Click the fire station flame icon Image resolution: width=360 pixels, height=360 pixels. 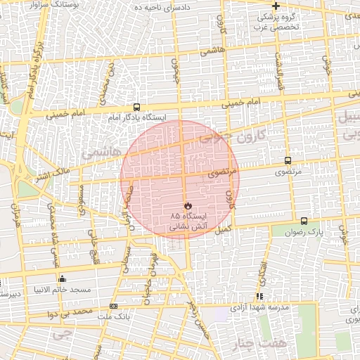188,205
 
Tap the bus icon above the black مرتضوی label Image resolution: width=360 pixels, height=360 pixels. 287,160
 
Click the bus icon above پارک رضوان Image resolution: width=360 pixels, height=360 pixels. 304,220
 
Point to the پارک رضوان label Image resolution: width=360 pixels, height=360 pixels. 308,231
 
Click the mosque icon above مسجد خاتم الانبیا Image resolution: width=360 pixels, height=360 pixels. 63,278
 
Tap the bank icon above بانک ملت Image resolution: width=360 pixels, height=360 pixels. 114,306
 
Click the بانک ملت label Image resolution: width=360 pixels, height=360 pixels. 111,316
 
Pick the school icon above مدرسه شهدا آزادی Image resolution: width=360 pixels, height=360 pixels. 260,297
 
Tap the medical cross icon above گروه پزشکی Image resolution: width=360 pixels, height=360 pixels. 276,6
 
